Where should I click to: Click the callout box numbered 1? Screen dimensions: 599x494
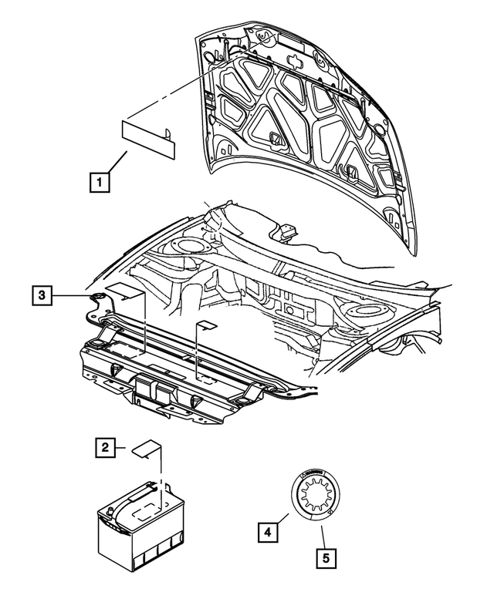click(x=99, y=183)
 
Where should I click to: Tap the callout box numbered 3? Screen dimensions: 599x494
click(x=43, y=294)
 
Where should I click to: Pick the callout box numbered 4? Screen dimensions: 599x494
click(x=266, y=530)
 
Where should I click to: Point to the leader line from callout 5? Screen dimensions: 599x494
click(x=323, y=537)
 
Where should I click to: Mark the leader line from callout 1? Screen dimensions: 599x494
click(x=117, y=164)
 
